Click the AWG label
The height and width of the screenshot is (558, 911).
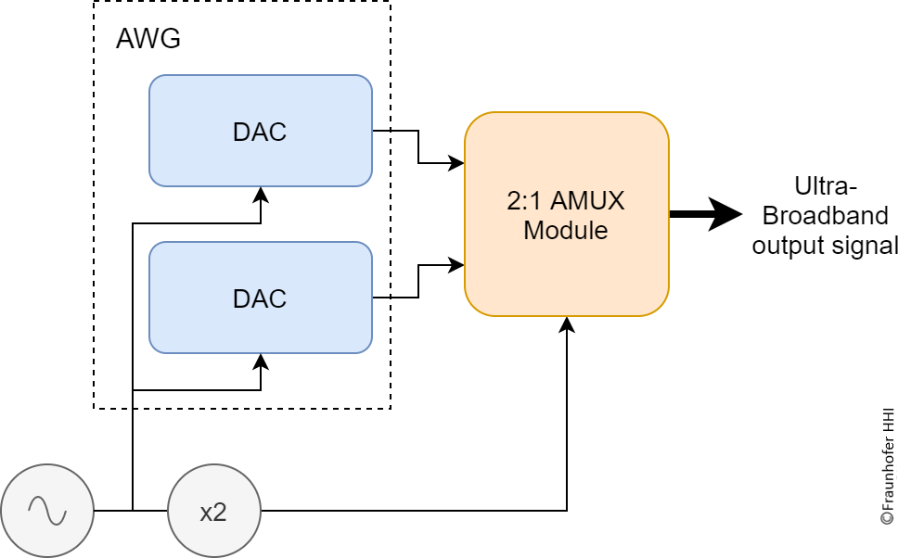point(148,39)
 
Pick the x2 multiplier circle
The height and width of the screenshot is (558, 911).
point(213,511)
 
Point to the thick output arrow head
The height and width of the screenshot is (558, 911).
point(728,214)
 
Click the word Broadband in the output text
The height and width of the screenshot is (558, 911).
point(825,215)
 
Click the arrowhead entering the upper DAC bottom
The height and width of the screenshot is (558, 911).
point(261,193)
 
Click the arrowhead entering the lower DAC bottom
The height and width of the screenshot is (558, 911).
point(261,360)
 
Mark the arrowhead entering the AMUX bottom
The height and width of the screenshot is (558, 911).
point(566,323)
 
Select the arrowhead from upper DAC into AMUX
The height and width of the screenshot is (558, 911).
point(457,164)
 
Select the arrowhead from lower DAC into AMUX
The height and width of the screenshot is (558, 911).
point(457,265)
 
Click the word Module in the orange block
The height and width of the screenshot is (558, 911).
point(566,230)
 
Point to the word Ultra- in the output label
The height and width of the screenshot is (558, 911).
point(825,184)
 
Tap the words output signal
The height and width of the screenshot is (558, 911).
point(825,246)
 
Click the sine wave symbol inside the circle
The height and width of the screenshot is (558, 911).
point(46,510)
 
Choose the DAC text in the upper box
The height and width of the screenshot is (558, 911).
point(260,132)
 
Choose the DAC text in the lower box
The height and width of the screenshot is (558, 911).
point(260,298)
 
